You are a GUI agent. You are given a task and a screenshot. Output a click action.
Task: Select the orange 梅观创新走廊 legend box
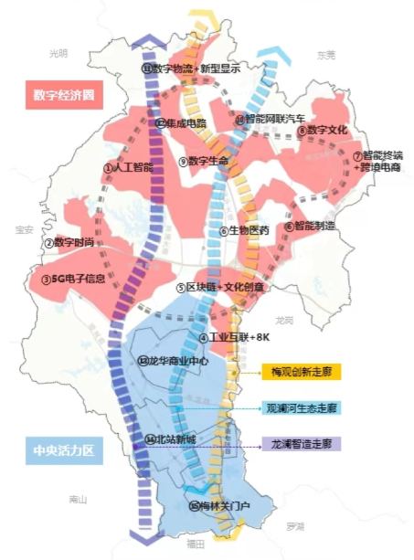[x=301, y=371]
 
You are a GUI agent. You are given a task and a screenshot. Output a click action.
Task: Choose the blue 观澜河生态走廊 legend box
[x=301, y=408]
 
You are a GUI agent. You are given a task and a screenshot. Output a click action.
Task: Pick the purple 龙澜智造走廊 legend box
[x=301, y=444]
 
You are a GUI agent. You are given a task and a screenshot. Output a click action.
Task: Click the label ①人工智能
[x=127, y=168]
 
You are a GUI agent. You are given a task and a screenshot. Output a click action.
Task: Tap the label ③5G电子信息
[x=73, y=280]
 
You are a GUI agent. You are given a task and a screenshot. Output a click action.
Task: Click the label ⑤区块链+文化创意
[x=220, y=288]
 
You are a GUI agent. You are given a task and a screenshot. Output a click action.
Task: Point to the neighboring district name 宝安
[x=17, y=229]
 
